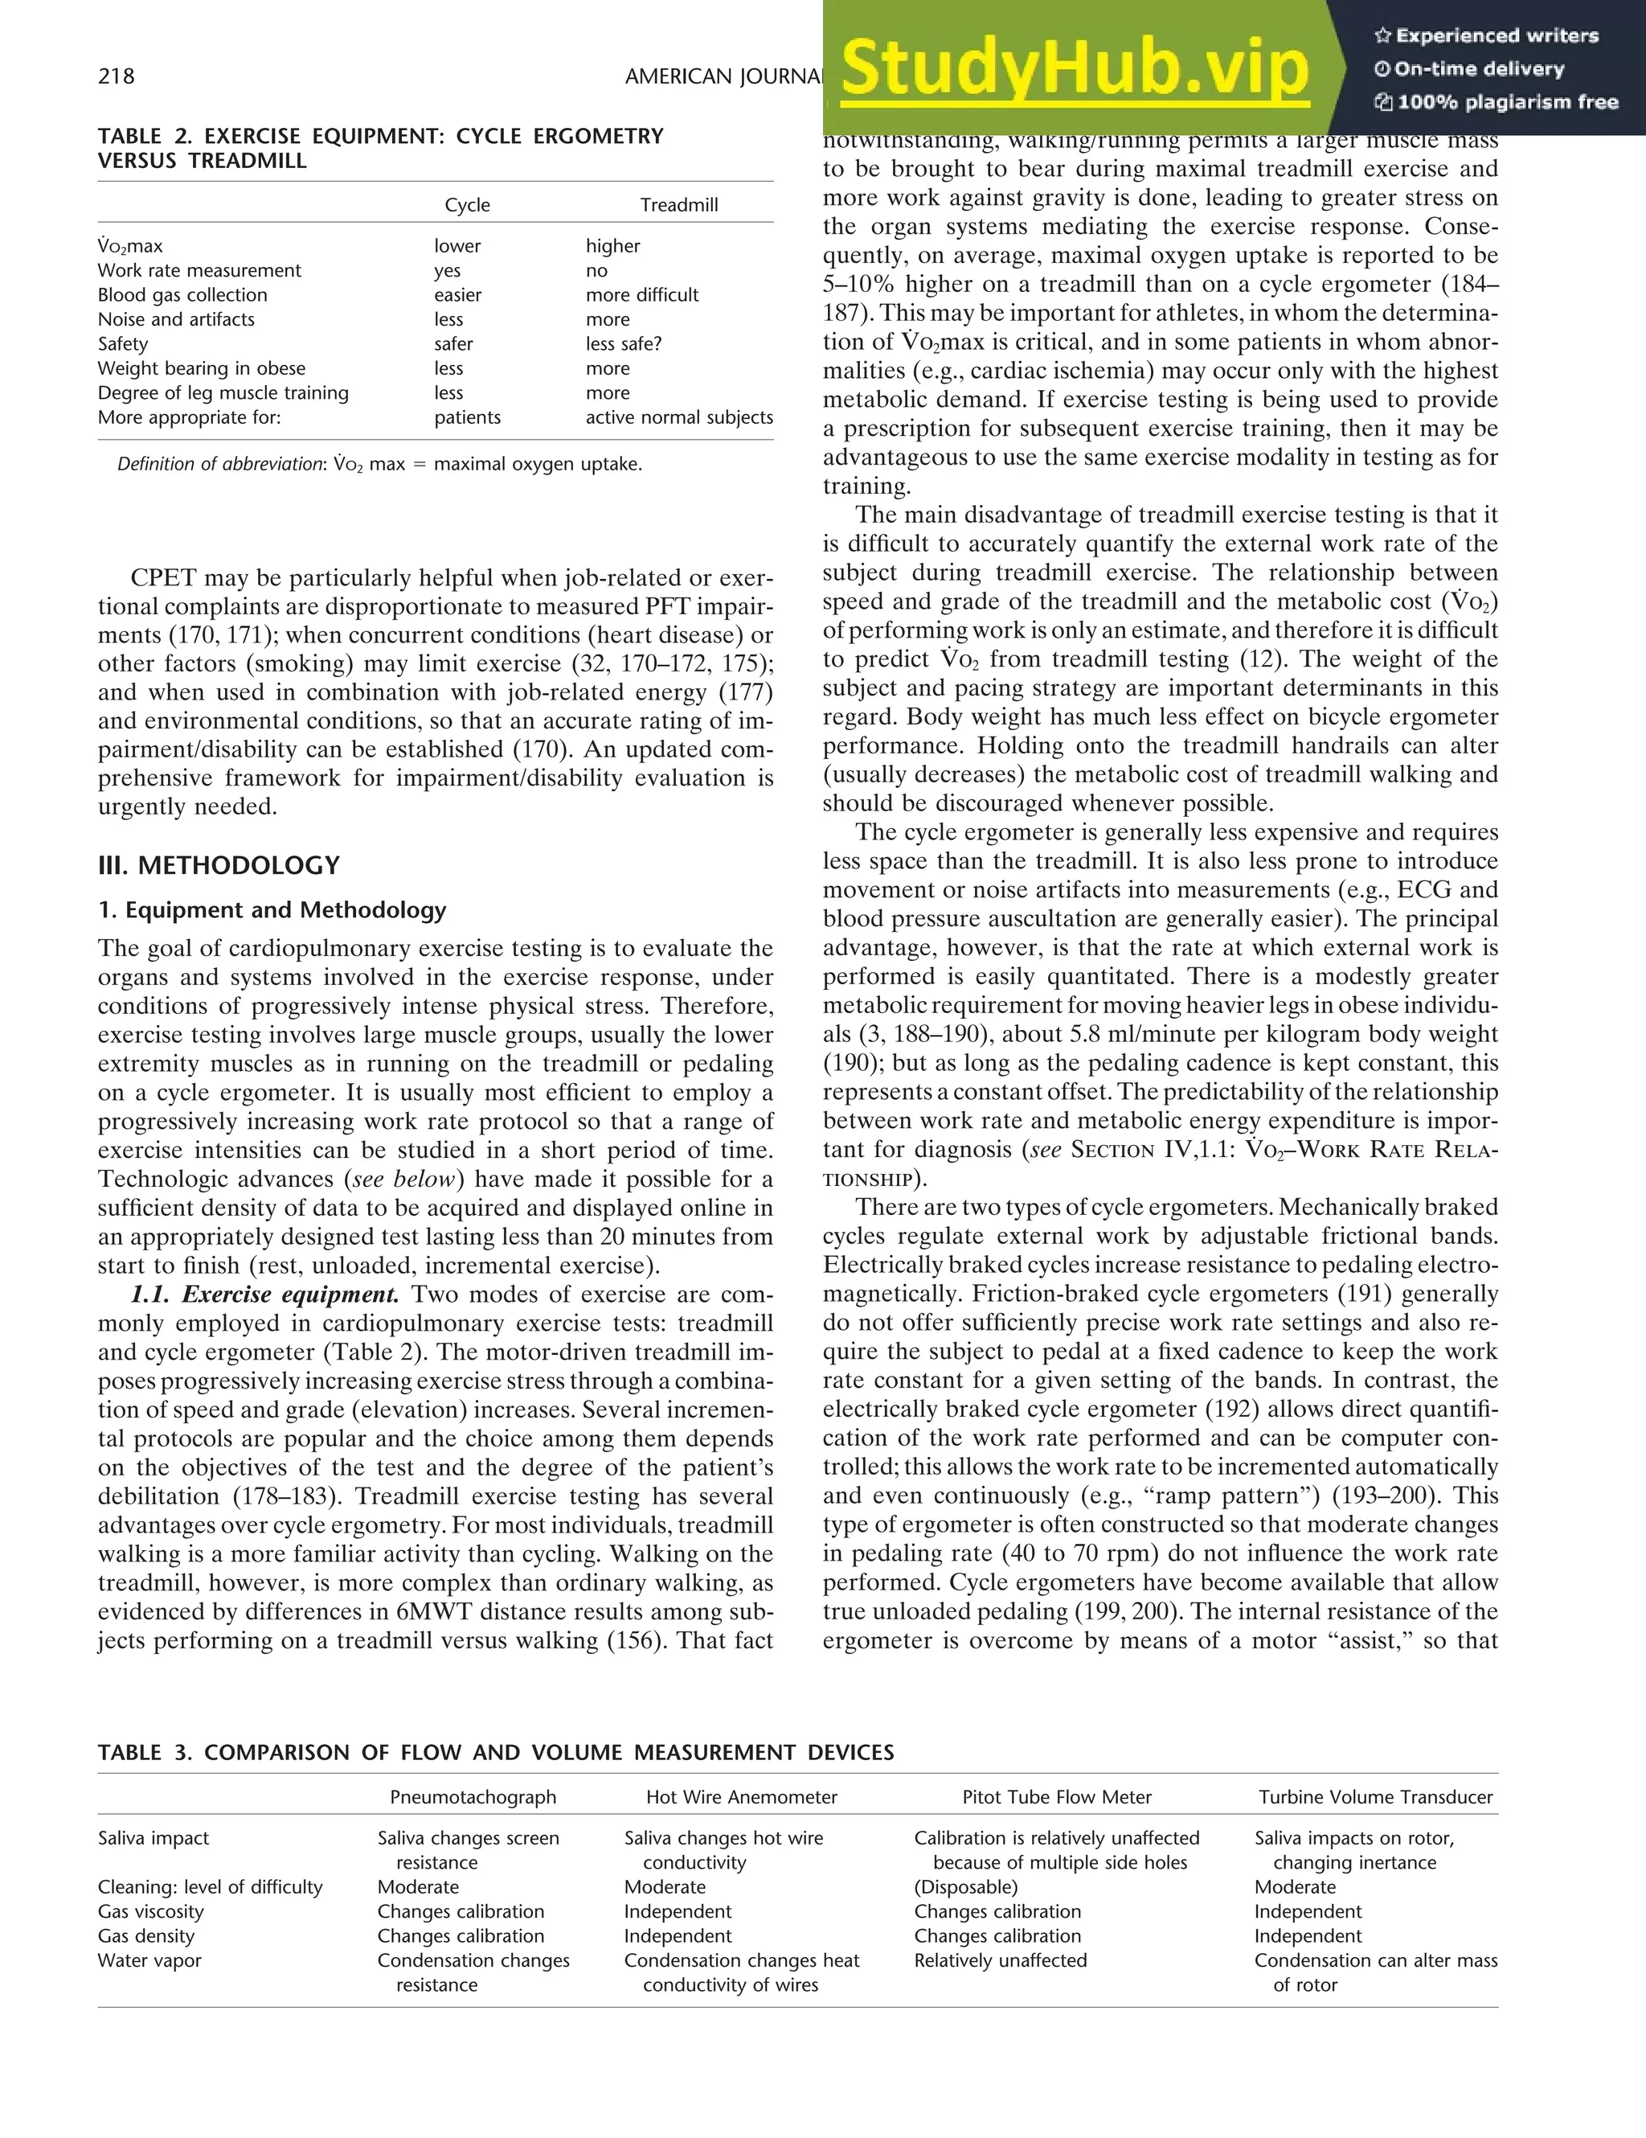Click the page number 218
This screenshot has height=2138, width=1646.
pos(117,76)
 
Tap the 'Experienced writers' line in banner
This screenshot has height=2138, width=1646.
pos(1487,36)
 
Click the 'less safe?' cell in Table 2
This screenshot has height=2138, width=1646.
pos(624,343)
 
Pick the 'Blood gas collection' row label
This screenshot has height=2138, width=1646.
pos(182,294)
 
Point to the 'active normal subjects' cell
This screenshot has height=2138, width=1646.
pos(678,417)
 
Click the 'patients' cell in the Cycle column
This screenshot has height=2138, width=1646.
pos(467,417)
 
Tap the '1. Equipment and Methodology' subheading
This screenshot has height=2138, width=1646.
pos(271,909)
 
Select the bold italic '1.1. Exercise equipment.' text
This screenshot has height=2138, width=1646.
pos(265,1295)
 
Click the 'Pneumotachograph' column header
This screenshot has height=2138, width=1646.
pos(473,1796)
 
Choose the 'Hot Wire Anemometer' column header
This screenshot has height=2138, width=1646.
pos(741,1796)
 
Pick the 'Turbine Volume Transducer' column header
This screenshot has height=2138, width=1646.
pos(1375,1796)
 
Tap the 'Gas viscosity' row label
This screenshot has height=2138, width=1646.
pos(151,1911)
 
